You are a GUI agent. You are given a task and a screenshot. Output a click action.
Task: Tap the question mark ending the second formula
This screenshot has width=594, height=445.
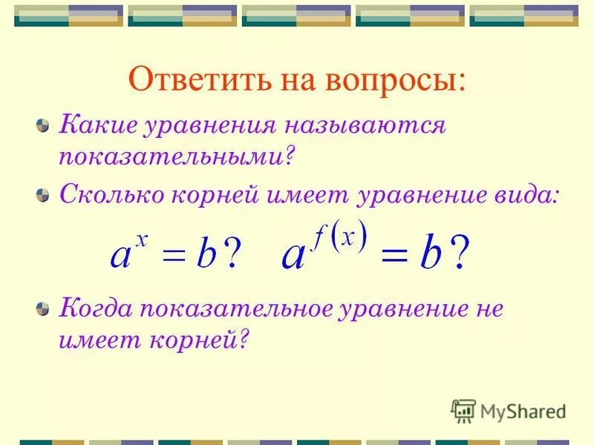(x=460, y=254)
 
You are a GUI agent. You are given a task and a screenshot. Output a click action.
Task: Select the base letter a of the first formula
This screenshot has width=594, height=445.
(x=121, y=257)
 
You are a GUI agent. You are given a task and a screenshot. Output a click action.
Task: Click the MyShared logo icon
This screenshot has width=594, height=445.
(x=463, y=411)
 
